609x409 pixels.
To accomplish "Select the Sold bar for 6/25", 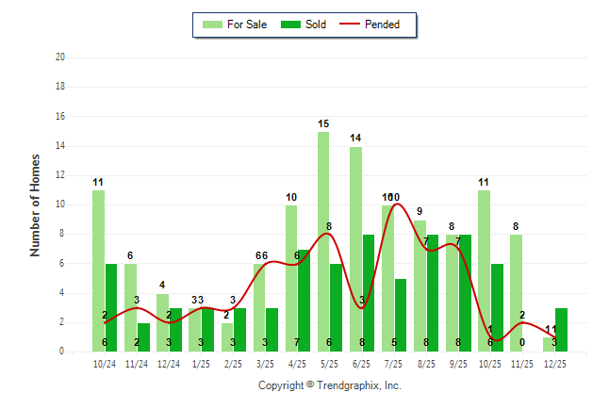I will (x=369, y=293).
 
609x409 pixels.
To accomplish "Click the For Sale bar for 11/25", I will (x=517, y=293).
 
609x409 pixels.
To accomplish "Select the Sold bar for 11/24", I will (x=143, y=337).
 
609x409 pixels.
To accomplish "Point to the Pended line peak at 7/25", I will (x=395, y=204).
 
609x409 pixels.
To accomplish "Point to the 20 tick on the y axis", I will (x=60, y=57).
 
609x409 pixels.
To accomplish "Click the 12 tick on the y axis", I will (x=60, y=175).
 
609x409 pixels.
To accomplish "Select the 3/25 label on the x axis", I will (x=266, y=363).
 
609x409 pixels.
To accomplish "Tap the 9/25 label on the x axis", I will (x=459, y=363).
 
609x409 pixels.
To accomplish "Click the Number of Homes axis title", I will (x=35, y=204).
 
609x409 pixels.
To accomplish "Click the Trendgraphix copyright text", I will (x=330, y=385).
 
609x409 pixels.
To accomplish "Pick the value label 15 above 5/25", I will (x=323, y=123).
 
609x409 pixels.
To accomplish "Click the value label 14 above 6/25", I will (x=355, y=139).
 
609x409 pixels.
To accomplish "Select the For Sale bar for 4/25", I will (x=291, y=278).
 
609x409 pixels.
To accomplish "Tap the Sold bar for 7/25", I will (x=401, y=315).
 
